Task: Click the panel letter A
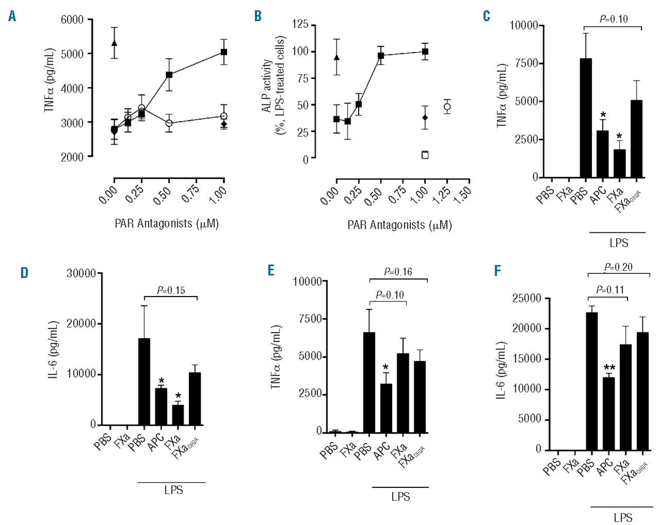point(12,16)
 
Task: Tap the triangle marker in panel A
point(114,43)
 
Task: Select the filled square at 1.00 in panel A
point(224,52)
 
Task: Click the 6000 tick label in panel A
point(72,20)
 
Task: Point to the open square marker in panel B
point(425,155)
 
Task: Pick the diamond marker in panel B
point(425,118)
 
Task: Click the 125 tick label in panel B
point(300,24)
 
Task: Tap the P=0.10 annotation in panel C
point(614,19)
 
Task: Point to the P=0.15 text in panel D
point(171,290)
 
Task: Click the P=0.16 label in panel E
point(398,272)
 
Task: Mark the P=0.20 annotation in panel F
point(618,267)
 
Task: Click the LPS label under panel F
point(623,517)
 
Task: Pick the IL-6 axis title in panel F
point(501,370)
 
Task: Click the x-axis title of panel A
point(166,224)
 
